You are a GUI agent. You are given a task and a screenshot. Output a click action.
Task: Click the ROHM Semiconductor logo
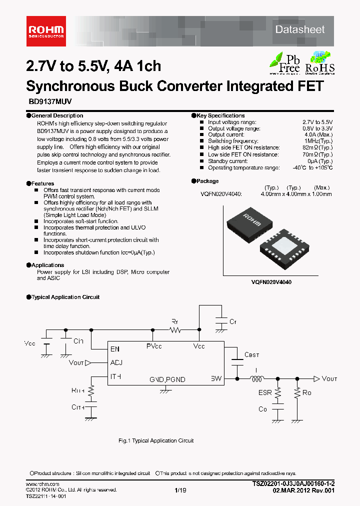pyautogui.click(x=45, y=30)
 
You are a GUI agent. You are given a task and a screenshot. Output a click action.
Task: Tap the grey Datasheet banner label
pyautogui.click(x=299, y=29)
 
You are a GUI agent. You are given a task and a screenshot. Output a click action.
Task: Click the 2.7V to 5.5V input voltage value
pyautogui.click(x=317, y=122)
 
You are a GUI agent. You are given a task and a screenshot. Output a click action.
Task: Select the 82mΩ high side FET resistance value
pyautogui.click(x=317, y=148)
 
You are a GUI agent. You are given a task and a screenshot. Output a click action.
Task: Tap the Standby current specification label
pyautogui.click(x=227, y=161)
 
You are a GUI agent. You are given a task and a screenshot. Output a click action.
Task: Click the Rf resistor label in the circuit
pyautogui.click(x=174, y=321)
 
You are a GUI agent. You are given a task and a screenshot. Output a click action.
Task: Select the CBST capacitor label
pyautogui.click(x=251, y=355)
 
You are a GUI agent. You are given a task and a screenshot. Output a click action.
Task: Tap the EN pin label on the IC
pyautogui.click(x=115, y=348)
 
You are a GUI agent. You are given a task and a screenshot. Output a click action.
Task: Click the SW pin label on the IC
pyautogui.click(x=216, y=379)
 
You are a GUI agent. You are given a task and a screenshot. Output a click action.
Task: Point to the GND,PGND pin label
pyautogui.click(x=167, y=379)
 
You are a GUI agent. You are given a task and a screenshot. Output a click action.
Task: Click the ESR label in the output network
pyautogui.click(x=265, y=392)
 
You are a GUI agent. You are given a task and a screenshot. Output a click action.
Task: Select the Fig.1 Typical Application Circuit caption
pyautogui.click(x=155, y=440)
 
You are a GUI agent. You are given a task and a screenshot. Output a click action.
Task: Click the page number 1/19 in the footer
pyautogui.click(x=180, y=490)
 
